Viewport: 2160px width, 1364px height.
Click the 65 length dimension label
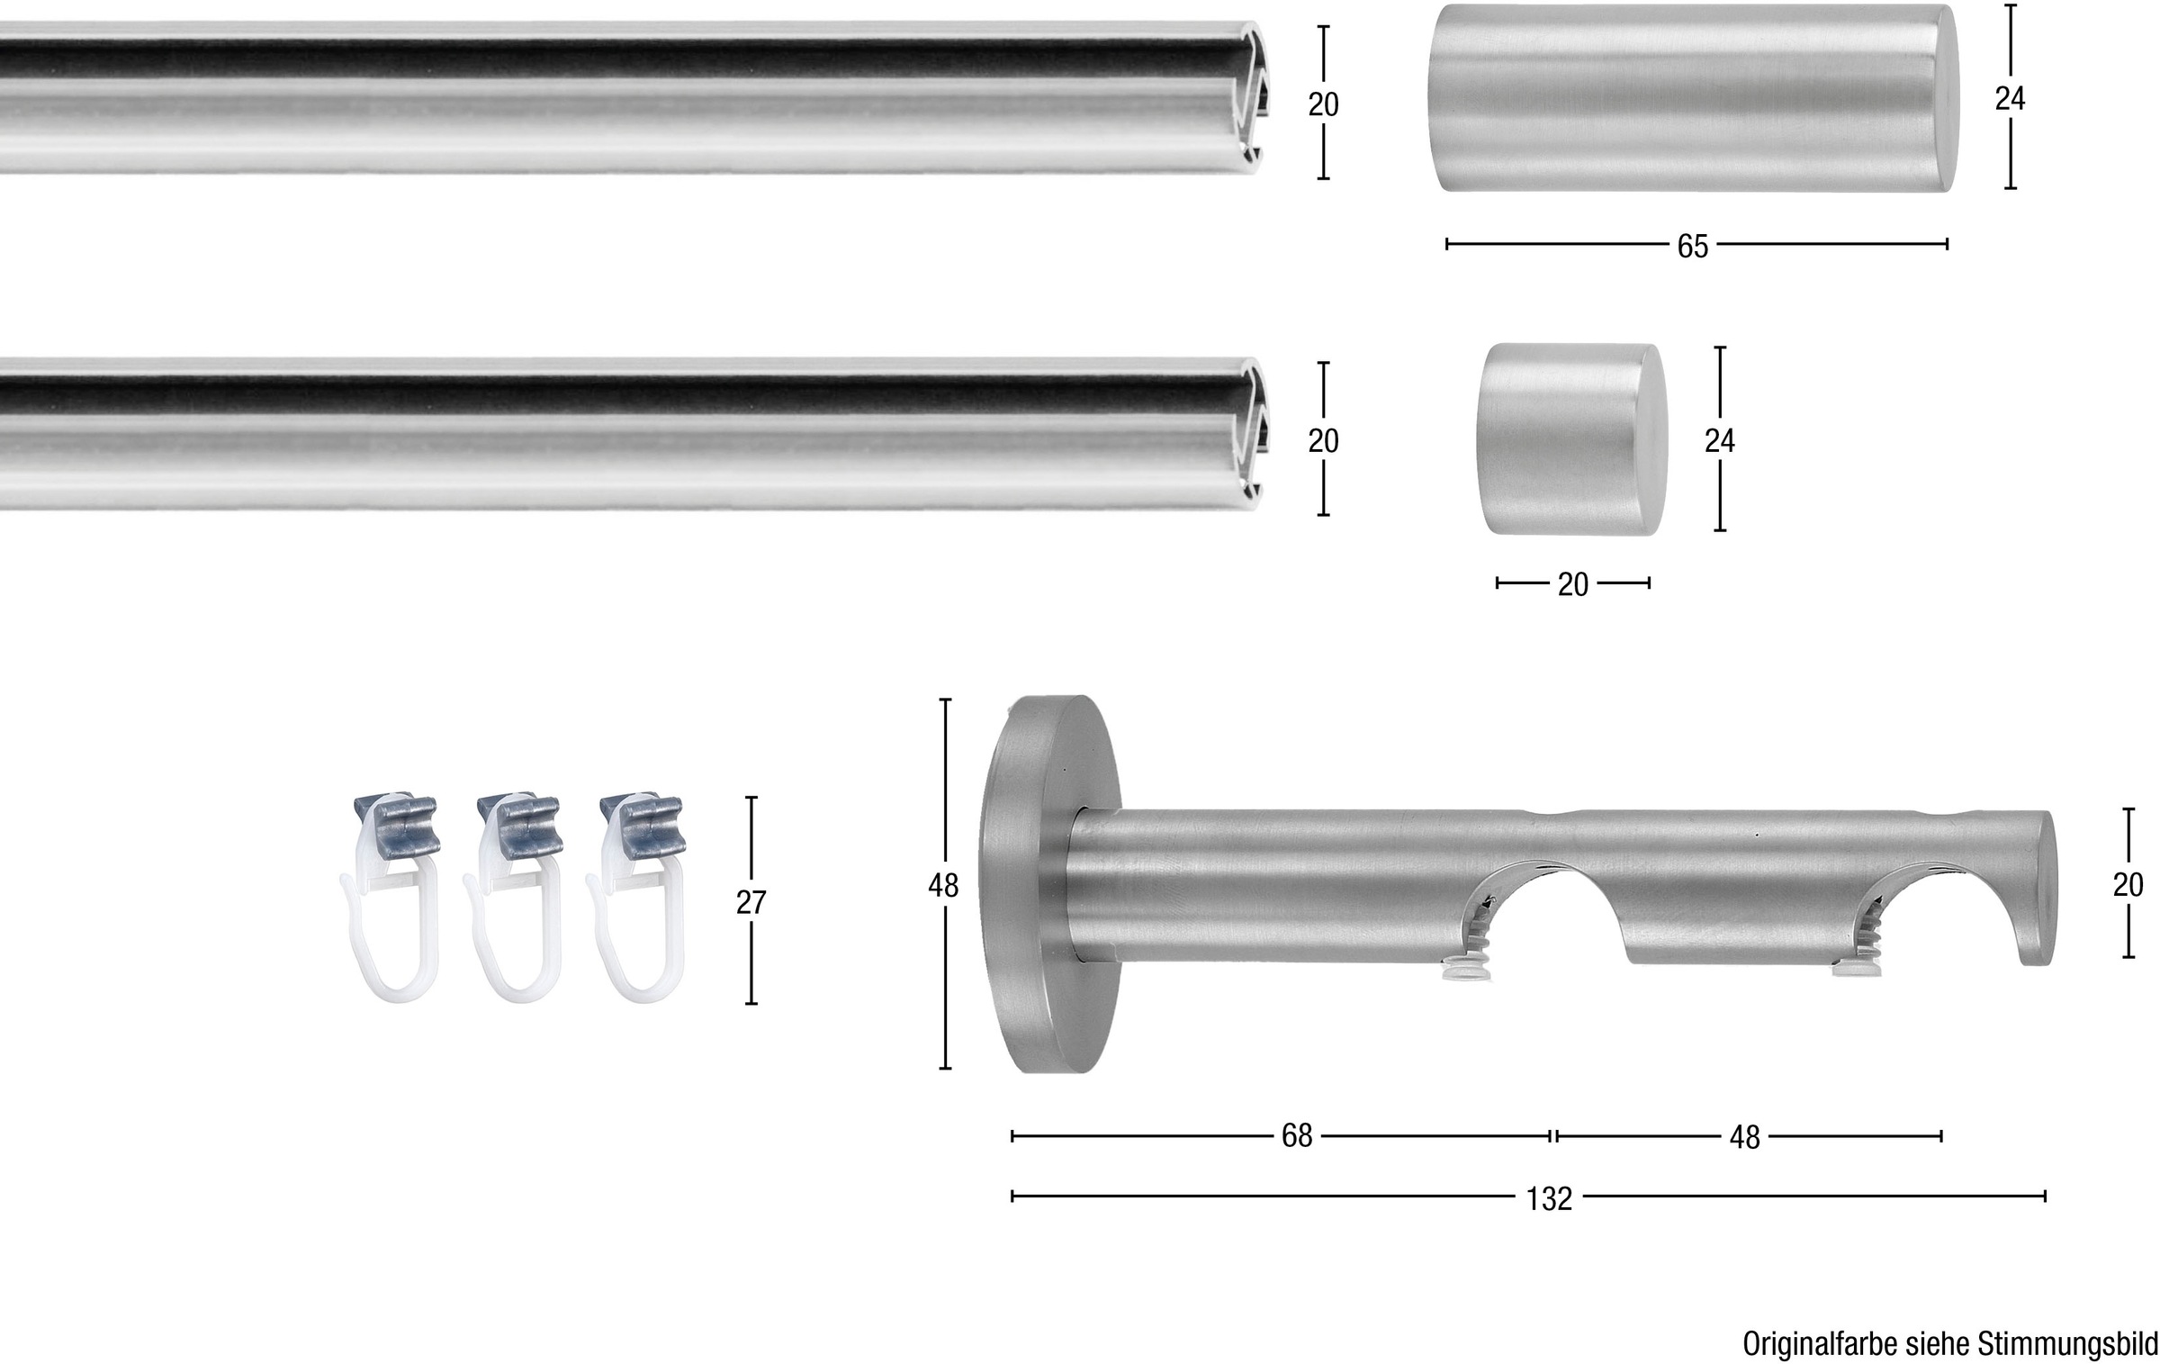[1692, 246]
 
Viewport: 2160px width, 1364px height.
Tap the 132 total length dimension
[1549, 1198]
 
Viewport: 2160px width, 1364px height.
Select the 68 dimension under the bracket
[1297, 1136]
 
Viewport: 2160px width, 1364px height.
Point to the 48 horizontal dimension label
[1744, 1137]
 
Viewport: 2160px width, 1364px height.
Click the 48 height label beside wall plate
[943, 886]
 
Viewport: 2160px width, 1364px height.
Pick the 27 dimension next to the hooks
[751, 901]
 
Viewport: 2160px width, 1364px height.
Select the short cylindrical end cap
[1571, 439]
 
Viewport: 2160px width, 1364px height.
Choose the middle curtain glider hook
[512, 899]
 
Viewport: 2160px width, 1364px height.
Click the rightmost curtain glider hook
[636, 899]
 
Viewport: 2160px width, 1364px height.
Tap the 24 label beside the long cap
[2010, 97]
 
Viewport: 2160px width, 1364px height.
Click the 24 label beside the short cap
[1720, 439]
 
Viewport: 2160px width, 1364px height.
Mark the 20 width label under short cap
[1572, 584]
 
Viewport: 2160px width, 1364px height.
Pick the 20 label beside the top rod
[1323, 104]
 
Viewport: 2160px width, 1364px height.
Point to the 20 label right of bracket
[2128, 884]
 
